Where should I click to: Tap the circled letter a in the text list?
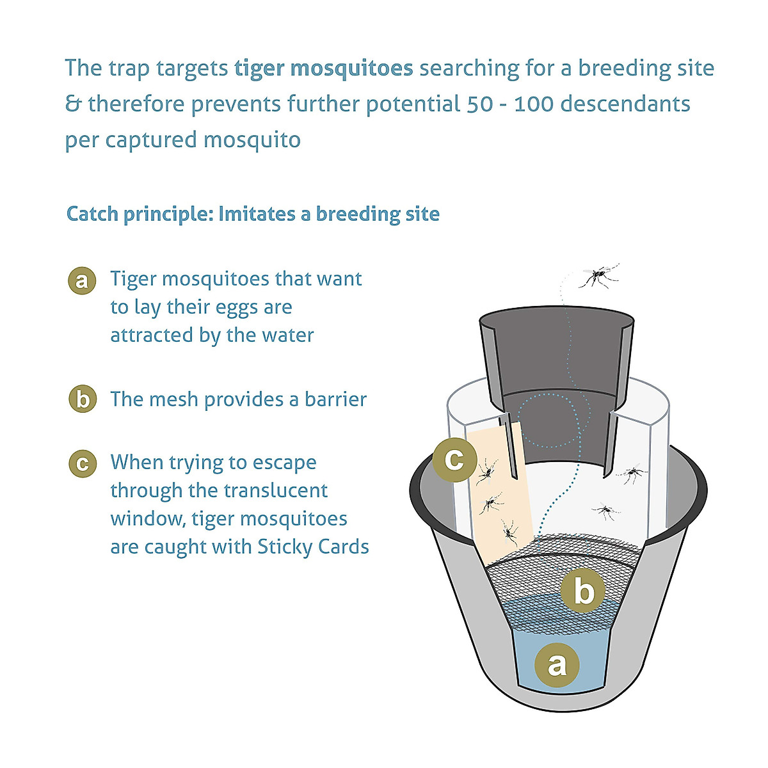82,281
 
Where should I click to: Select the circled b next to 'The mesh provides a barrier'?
82,399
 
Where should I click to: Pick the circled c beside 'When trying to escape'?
82,463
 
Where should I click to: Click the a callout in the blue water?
557,664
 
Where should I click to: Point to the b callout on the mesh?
583,591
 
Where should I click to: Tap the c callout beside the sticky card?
454,458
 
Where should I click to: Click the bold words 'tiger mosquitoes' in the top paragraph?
324,68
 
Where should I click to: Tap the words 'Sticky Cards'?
313,547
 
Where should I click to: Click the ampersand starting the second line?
73,104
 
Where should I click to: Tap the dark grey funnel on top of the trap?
556,358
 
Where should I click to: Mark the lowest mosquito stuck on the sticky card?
509,531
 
